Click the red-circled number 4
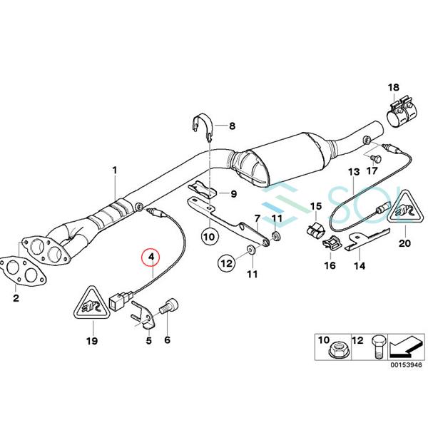tap(151, 256)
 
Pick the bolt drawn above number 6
tap(170, 307)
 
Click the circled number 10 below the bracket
tap(208, 233)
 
